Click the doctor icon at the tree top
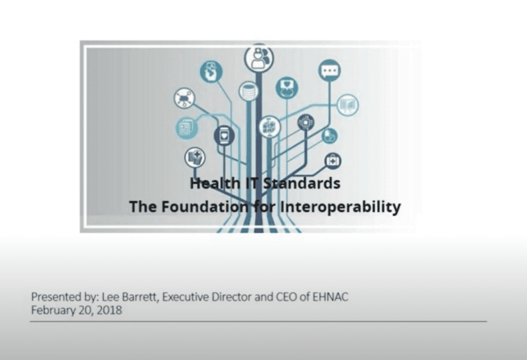pos(259,58)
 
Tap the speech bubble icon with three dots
pos(329,70)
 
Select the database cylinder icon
pos(249,91)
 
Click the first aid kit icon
pos(333,161)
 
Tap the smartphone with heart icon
pos(224,136)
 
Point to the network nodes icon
pos(184,98)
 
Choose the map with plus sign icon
pos(195,157)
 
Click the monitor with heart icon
pos(287,87)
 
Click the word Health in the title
pos(215,183)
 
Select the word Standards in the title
pos(301,183)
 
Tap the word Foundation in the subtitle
pos(204,206)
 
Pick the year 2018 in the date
pos(109,310)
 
